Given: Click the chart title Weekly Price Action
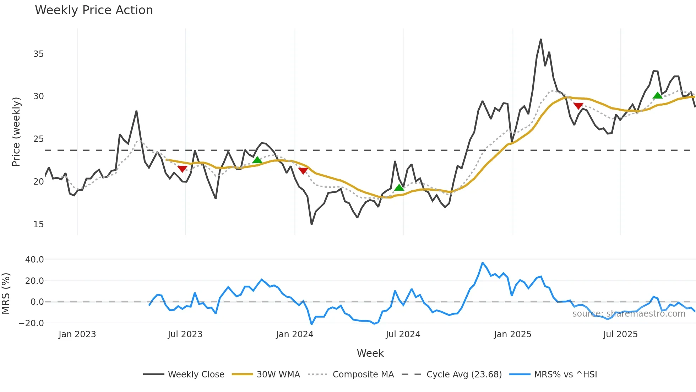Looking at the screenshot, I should pyautogui.click(x=94, y=10).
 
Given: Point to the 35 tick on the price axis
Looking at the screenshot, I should pyautogui.click(x=38, y=54).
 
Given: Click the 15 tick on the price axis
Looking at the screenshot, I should pyautogui.click(x=38, y=224).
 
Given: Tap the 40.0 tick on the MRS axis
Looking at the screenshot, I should pyautogui.click(x=34, y=260).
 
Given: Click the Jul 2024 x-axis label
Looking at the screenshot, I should pyautogui.click(x=403, y=334).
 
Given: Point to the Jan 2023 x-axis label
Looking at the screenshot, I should pyautogui.click(x=77, y=334).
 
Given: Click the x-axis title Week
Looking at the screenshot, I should pyautogui.click(x=370, y=353).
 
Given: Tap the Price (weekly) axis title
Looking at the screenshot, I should pyautogui.click(x=16, y=132).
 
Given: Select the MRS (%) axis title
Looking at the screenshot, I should pyautogui.click(x=6, y=293).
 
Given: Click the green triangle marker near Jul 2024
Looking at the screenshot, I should pyautogui.click(x=399, y=187).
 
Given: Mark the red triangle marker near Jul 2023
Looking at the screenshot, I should pyautogui.click(x=182, y=169).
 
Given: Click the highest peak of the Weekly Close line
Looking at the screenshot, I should pyautogui.click(x=541, y=39).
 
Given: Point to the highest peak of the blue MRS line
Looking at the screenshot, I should pyautogui.click(x=483, y=263).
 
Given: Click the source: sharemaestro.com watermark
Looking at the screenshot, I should pyautogui.click(x=629, y=314).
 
